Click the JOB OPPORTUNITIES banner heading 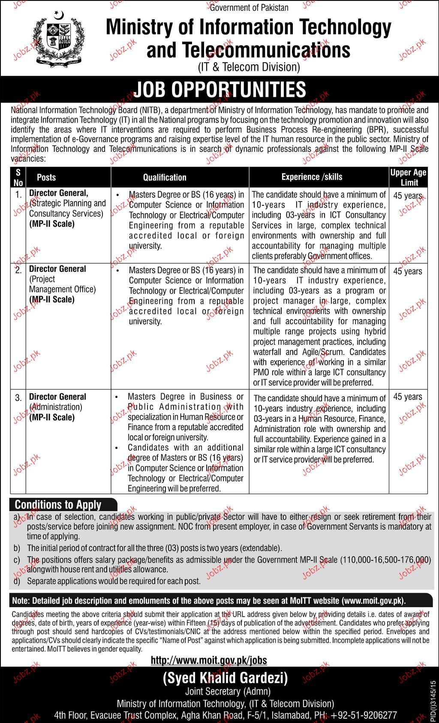219,90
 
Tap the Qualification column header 165,177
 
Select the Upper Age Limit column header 408,177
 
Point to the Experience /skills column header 312,177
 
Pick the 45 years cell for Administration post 408,397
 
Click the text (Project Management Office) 62,284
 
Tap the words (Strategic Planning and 67,203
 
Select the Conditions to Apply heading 58,504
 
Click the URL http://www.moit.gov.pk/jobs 209,660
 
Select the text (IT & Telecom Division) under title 248,67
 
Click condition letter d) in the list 17,581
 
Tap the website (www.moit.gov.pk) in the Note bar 373,601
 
